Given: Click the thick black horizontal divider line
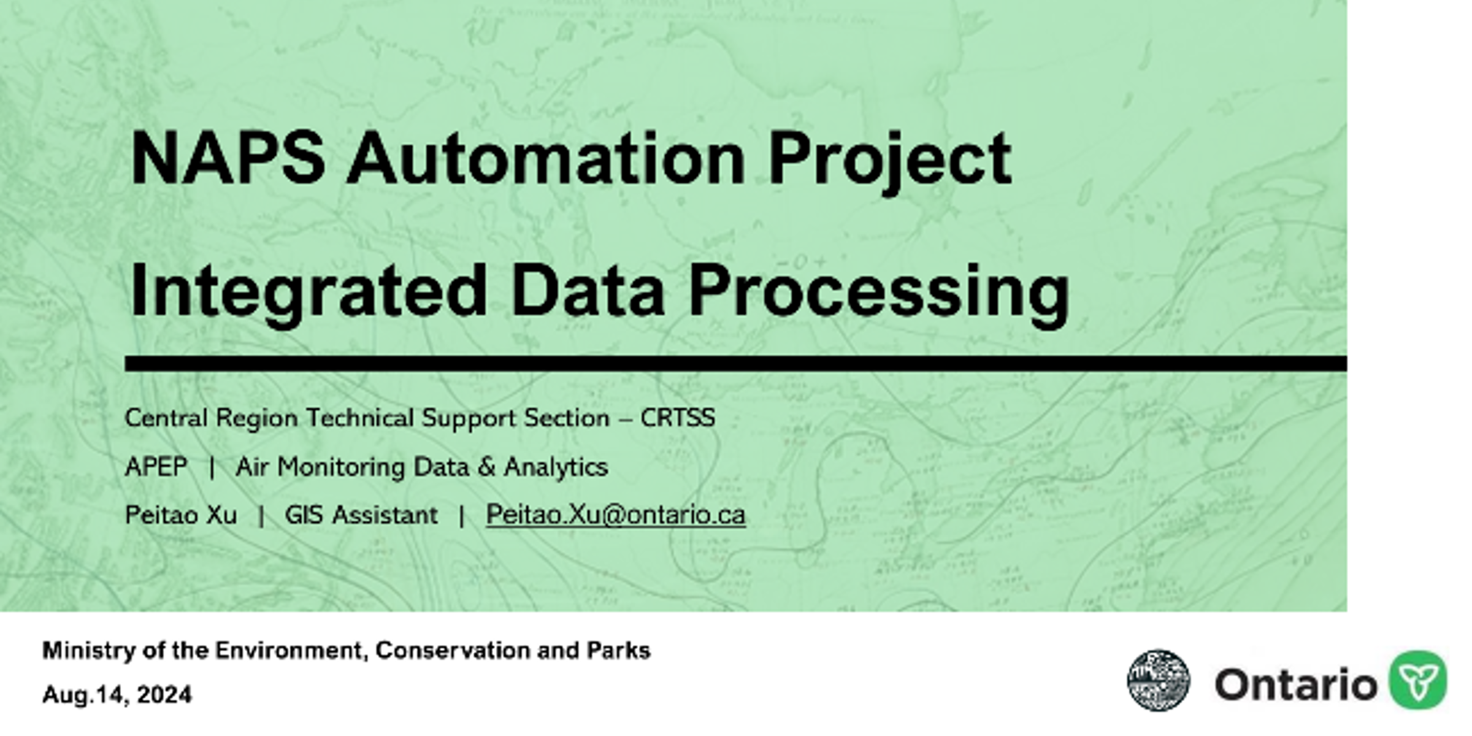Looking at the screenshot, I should pyautogui.click(x=736, y=363).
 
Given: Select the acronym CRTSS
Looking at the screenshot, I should pyautogui.click(x=678, y=418).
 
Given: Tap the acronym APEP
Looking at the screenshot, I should pyautogui.click(x=156, y=467).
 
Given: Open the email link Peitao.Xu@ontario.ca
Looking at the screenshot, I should pyautogui.click(x=616, y=515).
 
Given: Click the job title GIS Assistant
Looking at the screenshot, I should pyautogui.click(x=361, y=515).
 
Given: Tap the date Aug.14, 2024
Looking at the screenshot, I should pyautogui.click(x=117, y=695).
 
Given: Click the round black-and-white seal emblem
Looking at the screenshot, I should pyautogui.click(x=1159, y=680).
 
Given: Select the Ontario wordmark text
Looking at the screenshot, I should pyautogui.click(x=1295, y=684).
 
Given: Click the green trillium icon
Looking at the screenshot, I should pyautogui.click(x=1418, y=680).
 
